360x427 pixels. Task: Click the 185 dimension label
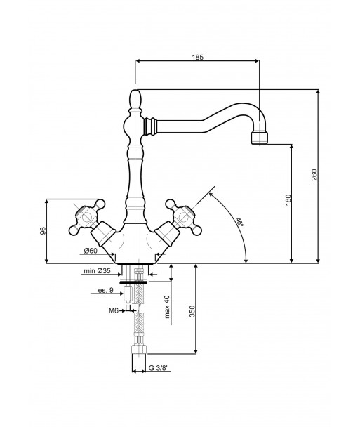click(198, 57)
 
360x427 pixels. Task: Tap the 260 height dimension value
click(314, 175)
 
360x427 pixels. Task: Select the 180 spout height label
click(288, 200)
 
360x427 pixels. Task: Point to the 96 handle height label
click(43, 230)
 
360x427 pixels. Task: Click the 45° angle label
click(239, 222)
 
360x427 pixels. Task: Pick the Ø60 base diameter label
click(91, 251)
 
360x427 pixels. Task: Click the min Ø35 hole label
click(97, 271)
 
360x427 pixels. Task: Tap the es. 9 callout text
click(105, 290)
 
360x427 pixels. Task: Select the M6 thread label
click(114, 310)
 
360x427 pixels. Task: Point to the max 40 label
click(167, 307)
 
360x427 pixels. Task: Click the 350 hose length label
click(192, 311)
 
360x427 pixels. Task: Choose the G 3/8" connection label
click(159, 368)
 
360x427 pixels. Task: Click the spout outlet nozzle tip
click(260, 138)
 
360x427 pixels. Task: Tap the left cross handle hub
click(87, 217)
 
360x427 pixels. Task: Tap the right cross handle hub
click(183, 217)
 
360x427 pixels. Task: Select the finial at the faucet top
click(135, 100)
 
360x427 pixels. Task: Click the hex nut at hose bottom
click(139, 349)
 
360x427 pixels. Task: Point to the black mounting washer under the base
click(133, 282)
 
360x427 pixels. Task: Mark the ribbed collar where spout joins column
click(150, 126)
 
